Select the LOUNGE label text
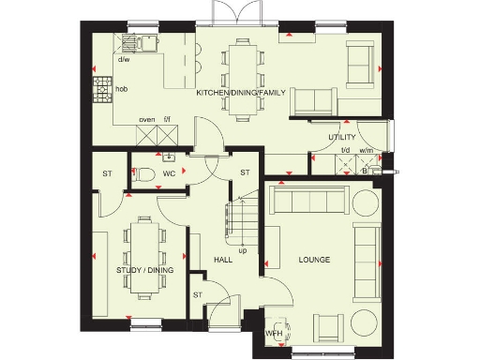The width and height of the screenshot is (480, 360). point(314,259)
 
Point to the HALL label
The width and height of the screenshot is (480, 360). point(222,259)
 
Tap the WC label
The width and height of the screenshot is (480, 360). point(170,174)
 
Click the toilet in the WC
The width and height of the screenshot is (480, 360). point(143,173)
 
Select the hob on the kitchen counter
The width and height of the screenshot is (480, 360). point(102,91)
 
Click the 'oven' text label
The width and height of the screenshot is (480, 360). point(146,120)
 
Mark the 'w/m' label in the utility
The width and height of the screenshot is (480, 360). point(366,150)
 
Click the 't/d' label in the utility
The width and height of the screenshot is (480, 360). point(344,150)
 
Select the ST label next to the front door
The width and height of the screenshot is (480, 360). point(198,294)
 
